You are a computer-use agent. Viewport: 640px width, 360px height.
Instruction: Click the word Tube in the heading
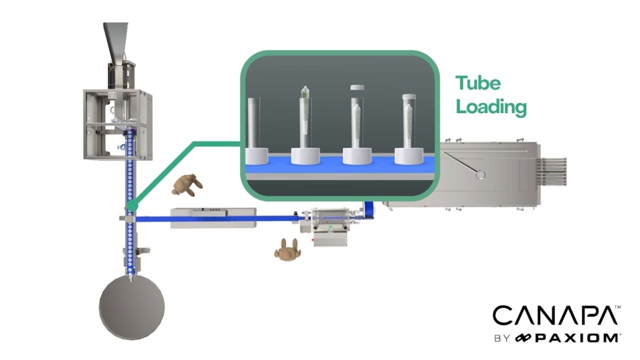[477, 83]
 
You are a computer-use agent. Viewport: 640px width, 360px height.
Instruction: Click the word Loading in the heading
[491, 106]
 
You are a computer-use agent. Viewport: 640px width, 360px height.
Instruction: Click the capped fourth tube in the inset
[409, 120]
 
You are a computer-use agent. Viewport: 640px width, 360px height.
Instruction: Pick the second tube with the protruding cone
[305, 117]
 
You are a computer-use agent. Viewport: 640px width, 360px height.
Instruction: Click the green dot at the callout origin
[131, 205]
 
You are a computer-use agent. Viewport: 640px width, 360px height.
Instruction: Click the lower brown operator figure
[287, 249]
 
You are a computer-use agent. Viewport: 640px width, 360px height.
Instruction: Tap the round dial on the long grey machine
[481, 174]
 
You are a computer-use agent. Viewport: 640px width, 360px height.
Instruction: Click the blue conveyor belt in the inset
[340, 164]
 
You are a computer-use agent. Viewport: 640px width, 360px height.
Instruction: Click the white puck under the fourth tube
[409, 155]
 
